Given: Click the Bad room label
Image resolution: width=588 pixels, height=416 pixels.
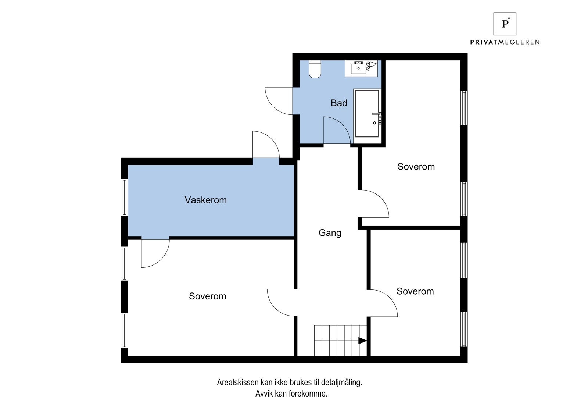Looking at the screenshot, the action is pos(338,103).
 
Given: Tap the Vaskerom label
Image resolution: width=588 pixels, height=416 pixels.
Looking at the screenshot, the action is pos(205,200).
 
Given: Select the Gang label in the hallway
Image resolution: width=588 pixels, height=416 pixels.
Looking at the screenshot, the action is pos(330,233).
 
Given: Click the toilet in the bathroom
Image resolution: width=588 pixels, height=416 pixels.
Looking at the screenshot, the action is pos(315,70).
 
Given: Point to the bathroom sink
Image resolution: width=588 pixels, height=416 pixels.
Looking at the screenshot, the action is pos(358,68).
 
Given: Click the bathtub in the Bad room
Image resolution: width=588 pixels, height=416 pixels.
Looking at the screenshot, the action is pos(367,114).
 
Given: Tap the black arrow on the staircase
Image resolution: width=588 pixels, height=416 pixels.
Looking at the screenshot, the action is pos(362,341).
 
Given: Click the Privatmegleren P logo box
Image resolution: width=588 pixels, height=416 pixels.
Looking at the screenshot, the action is pos(505,24).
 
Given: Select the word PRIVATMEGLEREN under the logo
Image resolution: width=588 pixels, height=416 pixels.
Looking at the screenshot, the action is pos(505,42).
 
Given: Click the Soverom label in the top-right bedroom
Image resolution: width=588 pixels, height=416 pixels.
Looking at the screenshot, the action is pos(416,167).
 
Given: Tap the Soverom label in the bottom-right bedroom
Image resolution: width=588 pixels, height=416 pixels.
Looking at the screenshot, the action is pos(415,291).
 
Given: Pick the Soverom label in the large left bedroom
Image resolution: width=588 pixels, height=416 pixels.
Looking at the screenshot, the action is pos(207,296).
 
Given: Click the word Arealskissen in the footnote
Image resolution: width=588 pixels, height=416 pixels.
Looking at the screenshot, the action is pos(237,383).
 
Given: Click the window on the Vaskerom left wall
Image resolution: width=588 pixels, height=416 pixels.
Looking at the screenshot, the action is pos(125,198).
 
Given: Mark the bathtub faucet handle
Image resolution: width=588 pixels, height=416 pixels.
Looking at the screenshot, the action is pos(377,114).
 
